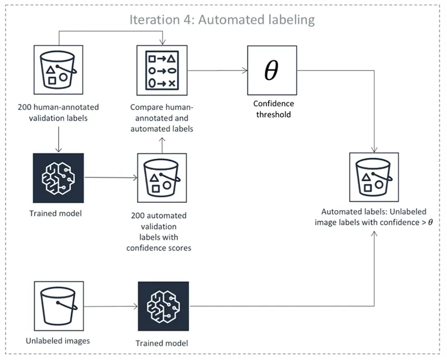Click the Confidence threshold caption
(273, 108)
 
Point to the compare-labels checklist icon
(163, 71)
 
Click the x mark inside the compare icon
(172, 83)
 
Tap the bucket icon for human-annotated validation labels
(59, 71)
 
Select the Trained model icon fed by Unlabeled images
(163, 307)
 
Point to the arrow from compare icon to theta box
(218, 71)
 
